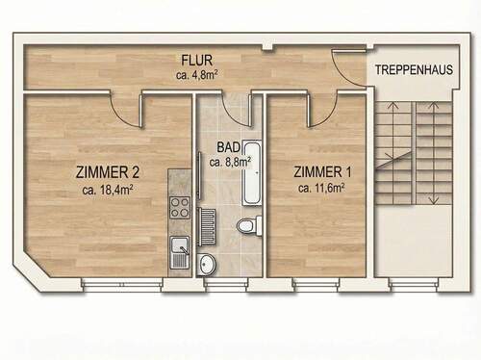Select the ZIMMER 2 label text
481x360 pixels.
(108, 173)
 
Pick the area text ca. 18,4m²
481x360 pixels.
(108, 190)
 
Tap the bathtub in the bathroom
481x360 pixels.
(254, 173)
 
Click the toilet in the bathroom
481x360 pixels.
(248, 226)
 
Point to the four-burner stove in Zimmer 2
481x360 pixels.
(180, 206)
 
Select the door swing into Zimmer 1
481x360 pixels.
(323, 112)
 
